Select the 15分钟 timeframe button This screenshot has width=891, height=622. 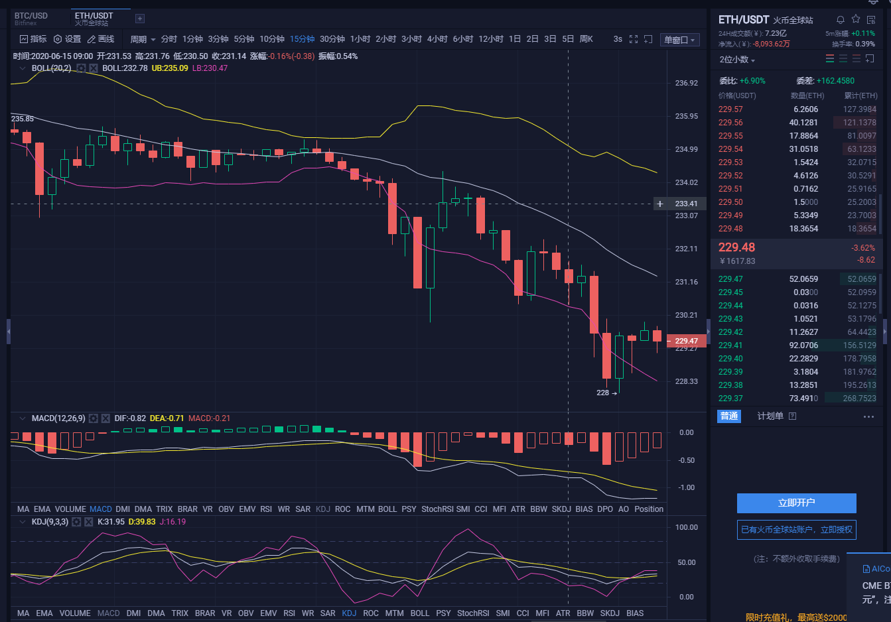[x=302, y=39]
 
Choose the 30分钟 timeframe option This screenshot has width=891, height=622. [x=332, y=39]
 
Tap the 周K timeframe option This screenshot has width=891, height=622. [x=586, y=39]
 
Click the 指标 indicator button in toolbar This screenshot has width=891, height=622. [x=34, y=39]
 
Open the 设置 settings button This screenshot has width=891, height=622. [x=68, y=39]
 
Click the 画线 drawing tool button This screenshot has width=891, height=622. [x=102, y=39]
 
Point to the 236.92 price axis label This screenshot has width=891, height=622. [x=686, y=84]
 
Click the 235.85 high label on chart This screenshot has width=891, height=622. [x=23, y=119]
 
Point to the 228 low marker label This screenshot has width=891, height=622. [x=602, y=393]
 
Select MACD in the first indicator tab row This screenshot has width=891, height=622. [x=101, y=509]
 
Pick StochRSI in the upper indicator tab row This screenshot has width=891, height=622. [x=437, y=509]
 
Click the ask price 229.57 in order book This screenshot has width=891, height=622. [x=730, y=109]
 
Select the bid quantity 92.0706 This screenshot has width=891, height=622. [x=803, y=345]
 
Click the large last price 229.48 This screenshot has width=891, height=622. [x=736, y=247]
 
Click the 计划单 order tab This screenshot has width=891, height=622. [x=770, y=416]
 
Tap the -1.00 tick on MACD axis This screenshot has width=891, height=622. [x=686, y=487]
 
